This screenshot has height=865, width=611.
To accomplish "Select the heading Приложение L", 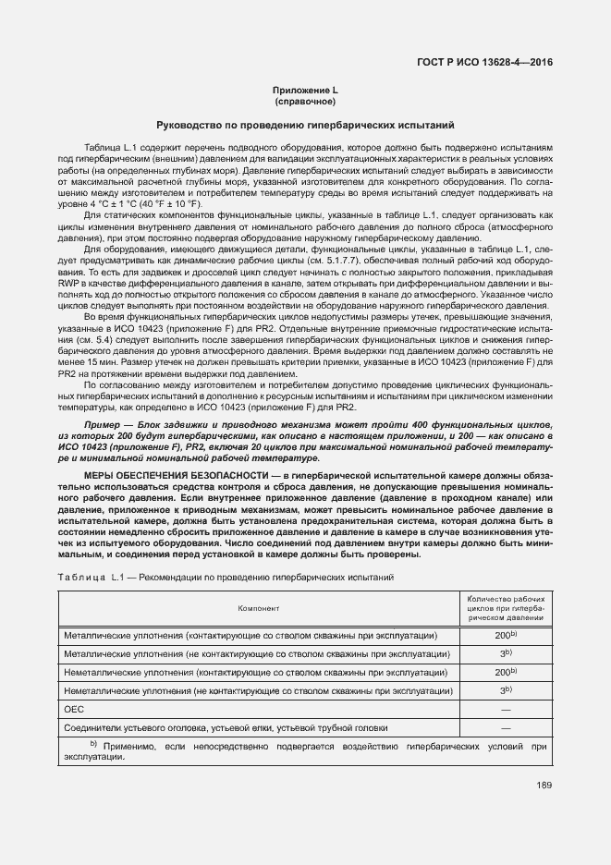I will pos(304,90).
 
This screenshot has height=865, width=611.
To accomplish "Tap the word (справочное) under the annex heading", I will pos(304,101).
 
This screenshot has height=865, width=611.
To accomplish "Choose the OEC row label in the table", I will pos(73,710).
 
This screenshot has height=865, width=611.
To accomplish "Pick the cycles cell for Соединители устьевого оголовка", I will pos(506,728).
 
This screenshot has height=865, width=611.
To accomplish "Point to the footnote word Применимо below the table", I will pos(128,746).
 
